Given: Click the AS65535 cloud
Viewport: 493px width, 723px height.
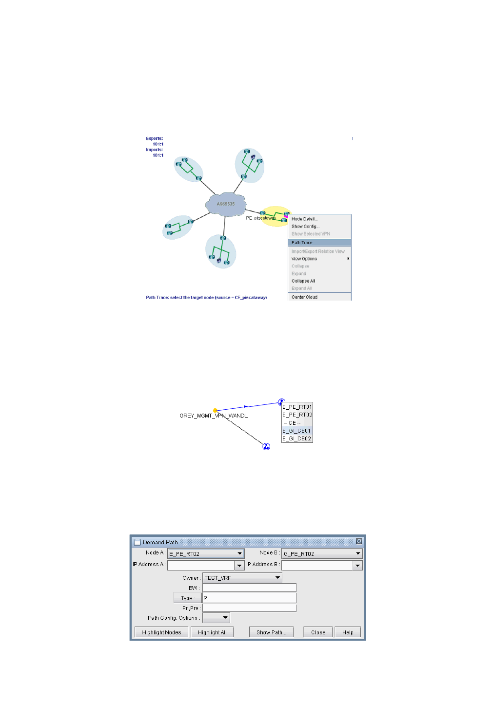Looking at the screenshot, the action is click(226, 205).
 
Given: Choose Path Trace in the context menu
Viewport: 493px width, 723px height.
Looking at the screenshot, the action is click(302, 243).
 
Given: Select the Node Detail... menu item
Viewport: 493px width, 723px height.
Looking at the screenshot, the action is click(305, 219).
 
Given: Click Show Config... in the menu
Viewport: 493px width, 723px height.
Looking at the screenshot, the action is click(306, 227).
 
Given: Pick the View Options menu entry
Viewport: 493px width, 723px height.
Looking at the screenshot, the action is click(305, 259).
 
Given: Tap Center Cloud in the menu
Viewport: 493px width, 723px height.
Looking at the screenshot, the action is click(305, 297).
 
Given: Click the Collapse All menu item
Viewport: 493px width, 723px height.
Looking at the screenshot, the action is click(303, 281).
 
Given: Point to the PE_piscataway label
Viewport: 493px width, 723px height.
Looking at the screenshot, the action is click(260, 218).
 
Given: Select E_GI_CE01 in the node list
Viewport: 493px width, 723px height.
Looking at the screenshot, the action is click(297, 431).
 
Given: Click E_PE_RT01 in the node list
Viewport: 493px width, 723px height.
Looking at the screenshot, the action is click(297, 407).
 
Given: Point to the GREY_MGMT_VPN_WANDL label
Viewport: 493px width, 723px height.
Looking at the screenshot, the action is click(214, 416).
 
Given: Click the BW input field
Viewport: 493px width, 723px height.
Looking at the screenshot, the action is click(249, 588).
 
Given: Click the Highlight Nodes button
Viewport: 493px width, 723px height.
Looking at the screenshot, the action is click(161, 632).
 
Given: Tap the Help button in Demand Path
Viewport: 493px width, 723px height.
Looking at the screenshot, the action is click(348, 632).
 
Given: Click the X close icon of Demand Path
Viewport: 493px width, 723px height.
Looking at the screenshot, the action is click(359, 542).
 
